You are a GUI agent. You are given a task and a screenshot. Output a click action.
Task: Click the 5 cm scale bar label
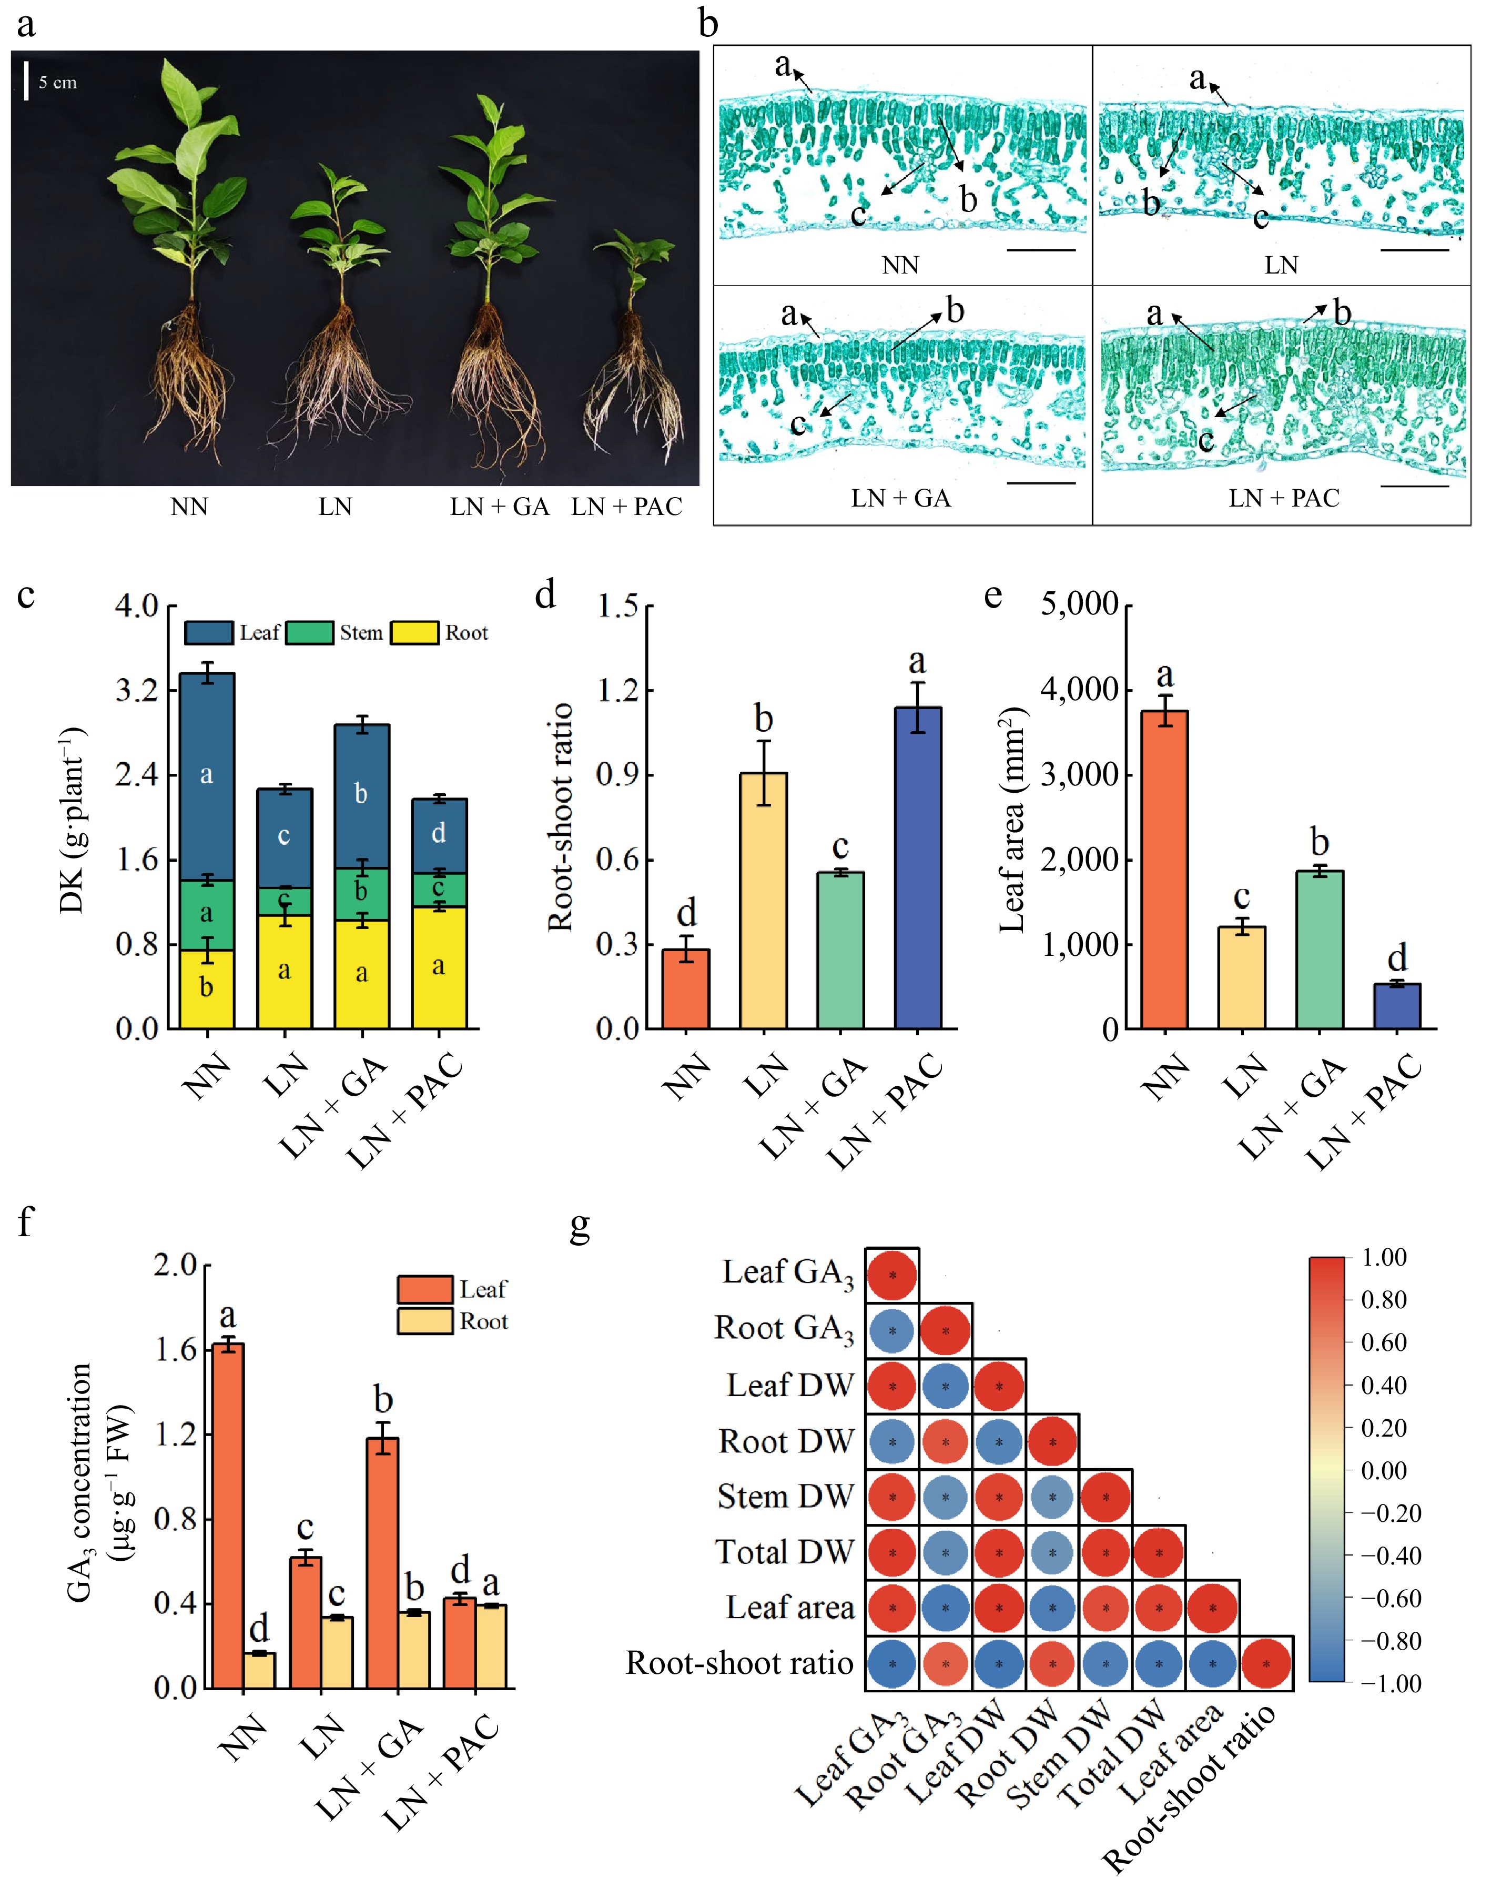[x=58, y=83]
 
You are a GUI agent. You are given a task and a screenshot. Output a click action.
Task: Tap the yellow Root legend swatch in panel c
[x=414, y=633]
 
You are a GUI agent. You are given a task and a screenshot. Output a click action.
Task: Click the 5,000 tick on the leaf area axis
[x=1079, y=604]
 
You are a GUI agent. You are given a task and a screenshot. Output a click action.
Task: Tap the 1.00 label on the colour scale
[x=1384, y=1257]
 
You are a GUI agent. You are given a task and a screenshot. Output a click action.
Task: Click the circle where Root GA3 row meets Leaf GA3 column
[x=892, y=1331]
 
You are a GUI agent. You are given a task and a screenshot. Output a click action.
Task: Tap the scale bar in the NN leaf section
[x=1041, y=250]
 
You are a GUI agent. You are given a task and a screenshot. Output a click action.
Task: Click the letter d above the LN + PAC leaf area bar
[x=1397, y=957]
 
